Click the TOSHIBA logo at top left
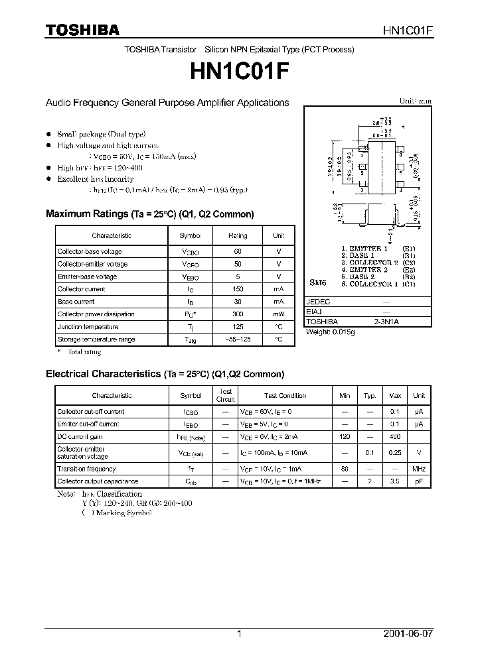82,30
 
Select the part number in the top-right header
408,30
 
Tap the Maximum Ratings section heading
149,214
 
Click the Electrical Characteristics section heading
165,374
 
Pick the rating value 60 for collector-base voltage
238,251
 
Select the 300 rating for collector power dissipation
238,314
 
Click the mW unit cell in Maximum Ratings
278,314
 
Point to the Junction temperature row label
88,327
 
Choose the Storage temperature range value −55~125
238,339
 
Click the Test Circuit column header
226,395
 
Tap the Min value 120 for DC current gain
345,437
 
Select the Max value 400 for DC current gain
395,437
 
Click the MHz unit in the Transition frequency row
419,469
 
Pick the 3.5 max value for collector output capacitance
395,481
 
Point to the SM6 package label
318,282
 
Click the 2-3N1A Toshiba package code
386,322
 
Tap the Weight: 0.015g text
330,332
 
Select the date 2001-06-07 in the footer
408,634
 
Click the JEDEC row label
317,301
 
